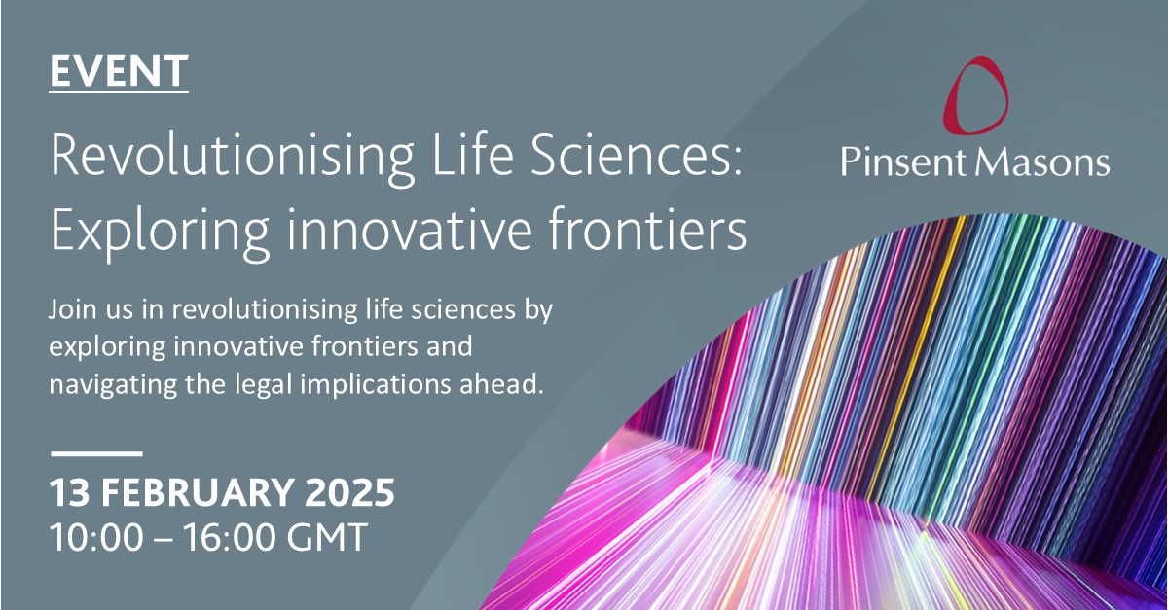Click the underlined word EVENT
[x=118, y=71]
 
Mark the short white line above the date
[x=95, y=453]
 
